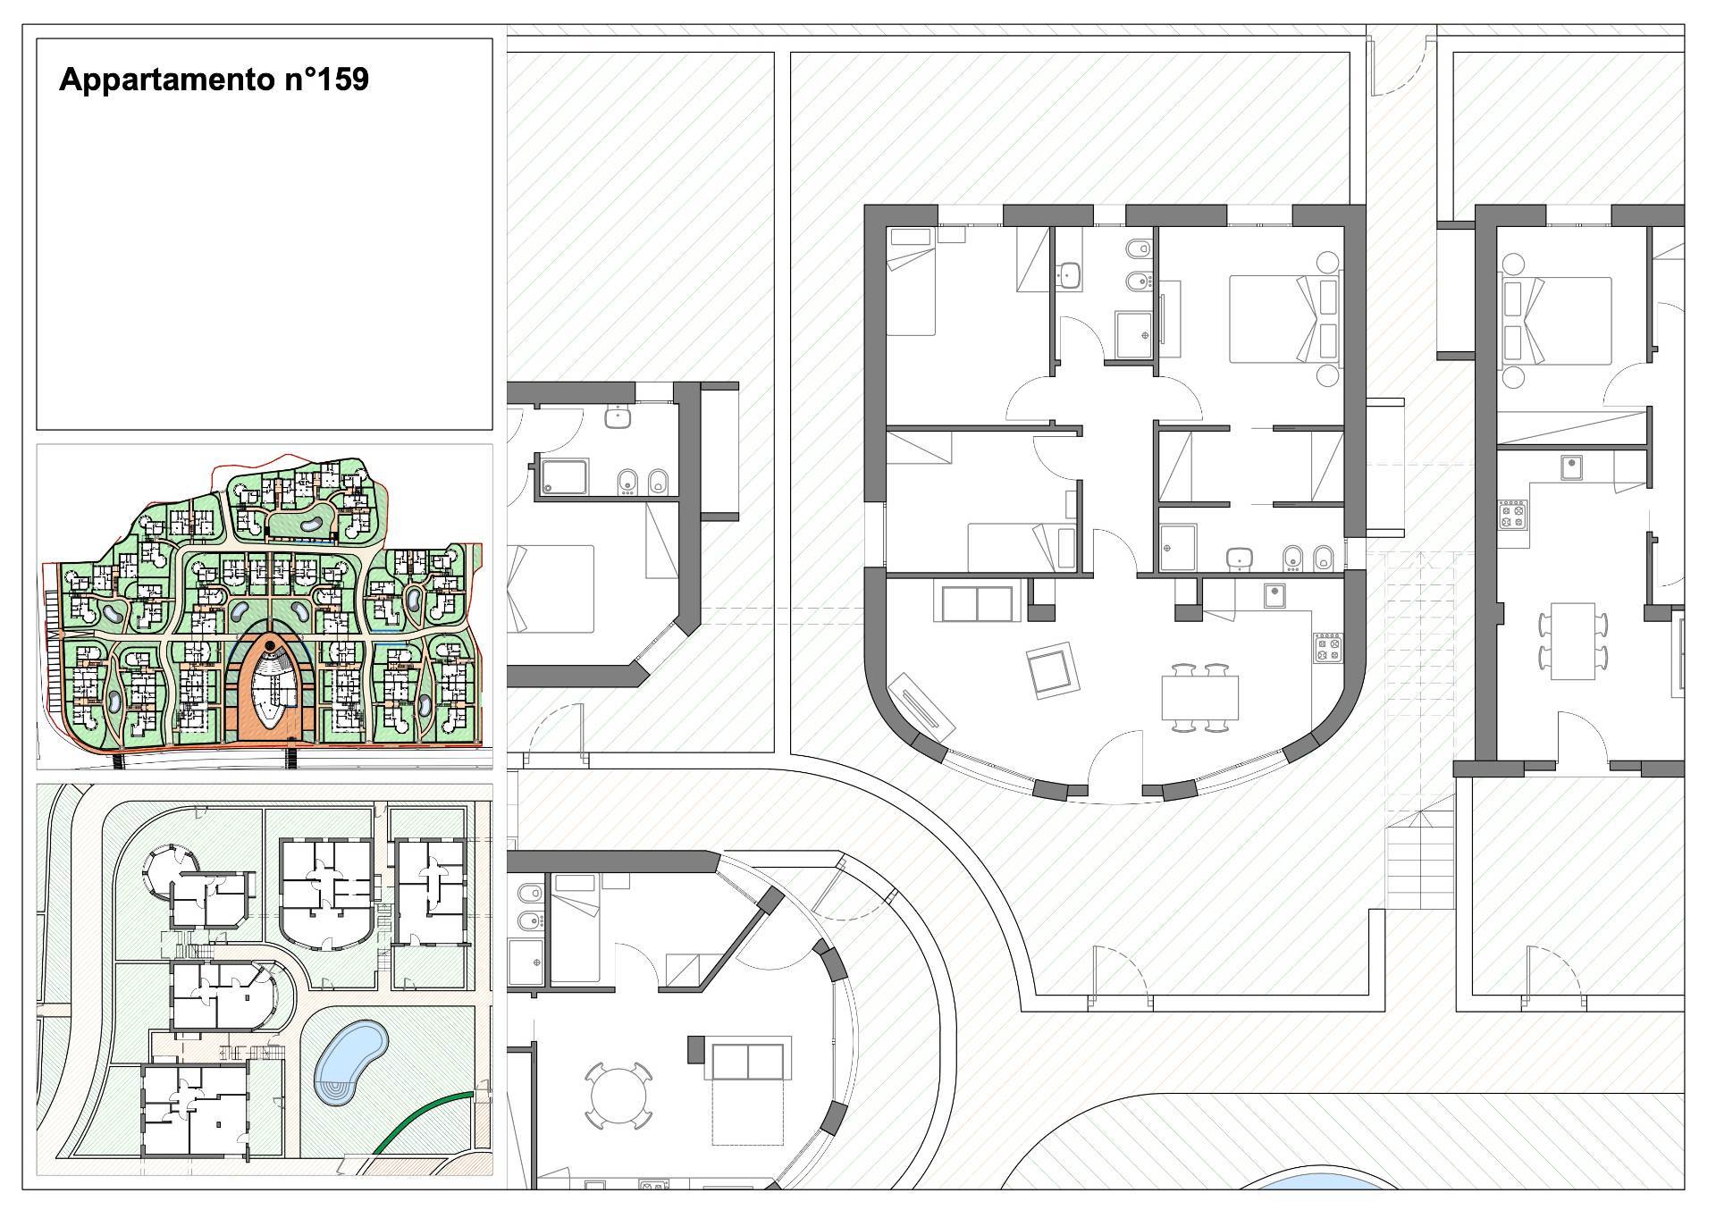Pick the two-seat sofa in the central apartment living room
(976, 602)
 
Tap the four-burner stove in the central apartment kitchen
(1327, 648)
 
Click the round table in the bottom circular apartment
(619, 1098)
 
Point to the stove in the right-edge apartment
(1513, 514)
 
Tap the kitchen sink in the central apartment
(1274, 594)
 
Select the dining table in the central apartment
(1200, 698)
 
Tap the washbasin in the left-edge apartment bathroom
(618, 416)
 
